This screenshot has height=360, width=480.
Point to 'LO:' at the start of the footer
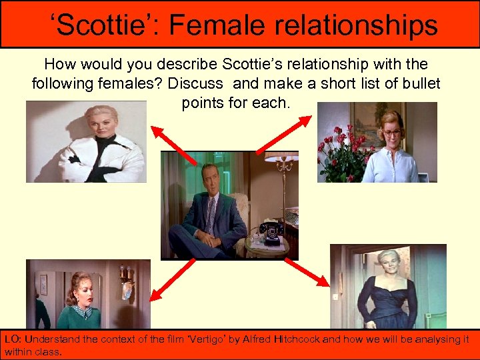tap(13, 339)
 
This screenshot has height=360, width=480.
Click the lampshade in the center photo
tap(281, 157)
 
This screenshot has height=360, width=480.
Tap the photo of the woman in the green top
tap(88, 293)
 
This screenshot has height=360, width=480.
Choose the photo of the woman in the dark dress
tap(388, 287)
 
